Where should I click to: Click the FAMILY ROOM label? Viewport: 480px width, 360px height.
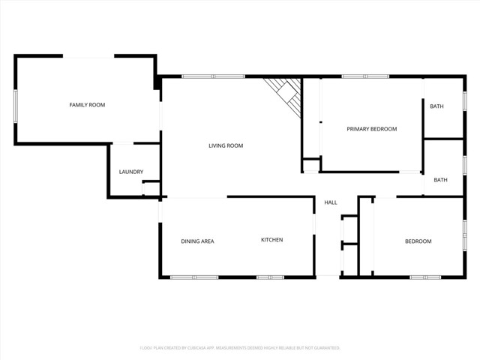(87, 105)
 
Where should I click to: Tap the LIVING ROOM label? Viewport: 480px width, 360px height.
(226, 145)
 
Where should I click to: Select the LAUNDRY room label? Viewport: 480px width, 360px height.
(131, 172)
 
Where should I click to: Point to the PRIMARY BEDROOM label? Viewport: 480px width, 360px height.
(371, 129)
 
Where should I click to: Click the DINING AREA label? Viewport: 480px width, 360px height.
(197, 241)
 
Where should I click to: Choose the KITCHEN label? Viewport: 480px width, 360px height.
(271, 240)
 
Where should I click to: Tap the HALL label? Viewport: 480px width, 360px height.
(331, 202)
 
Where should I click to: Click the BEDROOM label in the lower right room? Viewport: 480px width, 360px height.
(418, 241)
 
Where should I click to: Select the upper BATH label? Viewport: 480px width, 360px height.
(436, 106)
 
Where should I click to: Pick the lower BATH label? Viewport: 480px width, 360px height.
(440, 180)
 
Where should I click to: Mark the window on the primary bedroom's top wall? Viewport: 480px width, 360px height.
(364, 76)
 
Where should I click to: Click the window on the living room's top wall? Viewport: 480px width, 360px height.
(212, 76)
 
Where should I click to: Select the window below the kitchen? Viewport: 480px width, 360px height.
(270, 277)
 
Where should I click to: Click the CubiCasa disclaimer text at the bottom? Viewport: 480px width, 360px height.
(240, 348)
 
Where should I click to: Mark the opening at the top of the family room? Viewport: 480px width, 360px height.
(88, 56)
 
